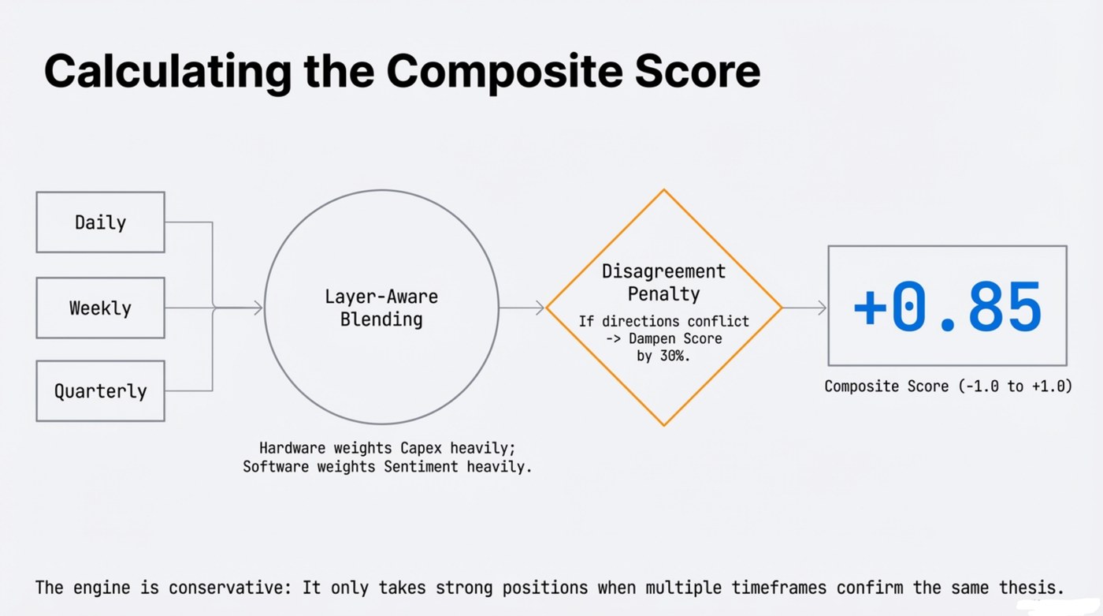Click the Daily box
pos(100,222)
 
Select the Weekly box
pos(100,308)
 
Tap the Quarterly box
pos(100,391)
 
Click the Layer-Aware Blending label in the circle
pos(381,308)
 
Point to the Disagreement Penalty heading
pos(663,282)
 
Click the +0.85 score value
pos(947,306)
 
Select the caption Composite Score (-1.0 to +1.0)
pos(948,386)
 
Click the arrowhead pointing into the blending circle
pos(258,308)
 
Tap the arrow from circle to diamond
pos(522,308)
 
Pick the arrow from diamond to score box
pos(804,308)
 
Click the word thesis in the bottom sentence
pos(1032,588)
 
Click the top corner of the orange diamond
pos(664,190)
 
